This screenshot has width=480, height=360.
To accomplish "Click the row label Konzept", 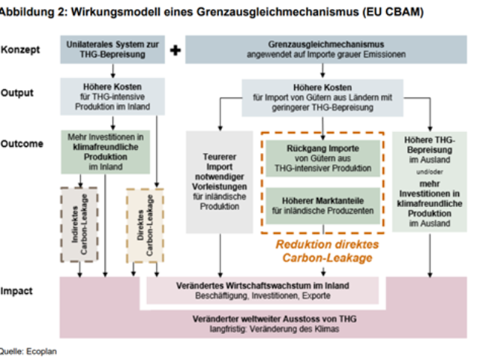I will click(20, 49).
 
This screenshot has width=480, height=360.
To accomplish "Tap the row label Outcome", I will click(22, 143).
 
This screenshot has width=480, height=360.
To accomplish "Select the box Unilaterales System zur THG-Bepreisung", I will click(112, 49).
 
